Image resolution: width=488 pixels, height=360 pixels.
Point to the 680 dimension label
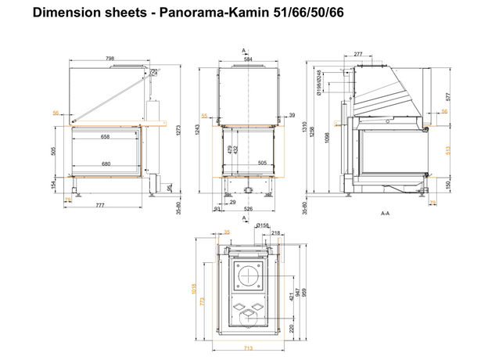tap(107, 164)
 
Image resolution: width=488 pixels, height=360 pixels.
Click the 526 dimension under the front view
tap(248, 208)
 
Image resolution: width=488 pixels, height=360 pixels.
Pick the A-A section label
tap(385, 213)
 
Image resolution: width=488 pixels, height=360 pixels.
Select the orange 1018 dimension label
tap(193, 290)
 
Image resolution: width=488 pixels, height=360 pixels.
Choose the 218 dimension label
tap(274, 232)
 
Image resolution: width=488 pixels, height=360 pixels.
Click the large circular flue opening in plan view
tap(248, 276)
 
